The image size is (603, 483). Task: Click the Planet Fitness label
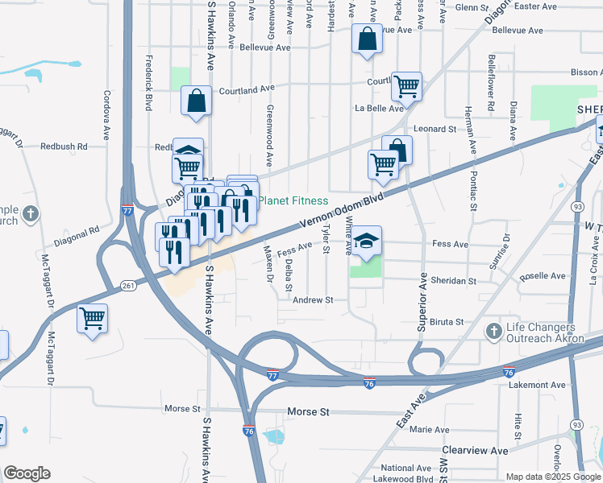coord(294,200)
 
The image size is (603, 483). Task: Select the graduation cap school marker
coord(366,241)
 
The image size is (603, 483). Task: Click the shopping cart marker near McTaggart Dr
coord(93,318)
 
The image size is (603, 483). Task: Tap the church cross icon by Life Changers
coord(493,331)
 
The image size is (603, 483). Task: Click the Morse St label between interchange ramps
coord(309,412)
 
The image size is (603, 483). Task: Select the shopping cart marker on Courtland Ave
coord(406,85)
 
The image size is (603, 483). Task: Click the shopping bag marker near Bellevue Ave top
coord(367,38)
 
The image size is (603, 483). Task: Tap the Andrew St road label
coord(313,300)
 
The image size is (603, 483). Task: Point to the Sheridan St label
coord(455,281)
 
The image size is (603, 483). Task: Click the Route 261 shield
coord(128,287)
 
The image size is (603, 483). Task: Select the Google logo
coord(27,473)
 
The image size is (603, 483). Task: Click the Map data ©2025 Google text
coord(552,477)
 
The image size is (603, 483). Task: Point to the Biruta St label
coord(447,321)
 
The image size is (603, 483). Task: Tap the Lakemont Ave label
coord(537,386)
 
